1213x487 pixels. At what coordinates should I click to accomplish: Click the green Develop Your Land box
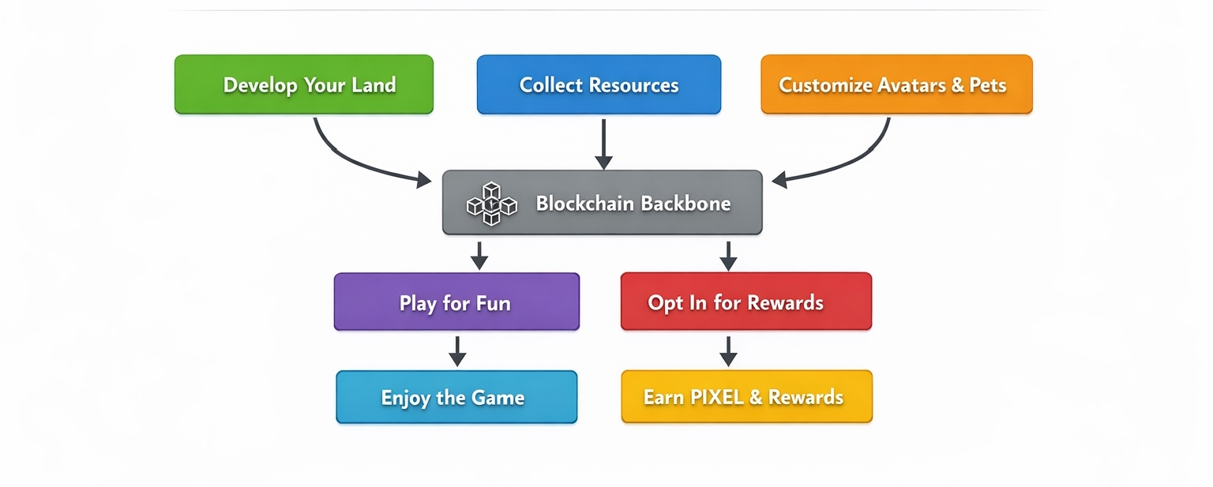click(303, 84)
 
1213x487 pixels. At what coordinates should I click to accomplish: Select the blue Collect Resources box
click(599, 84)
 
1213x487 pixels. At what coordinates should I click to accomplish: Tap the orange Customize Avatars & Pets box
click(896, 84)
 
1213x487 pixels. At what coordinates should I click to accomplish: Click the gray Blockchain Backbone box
click(602, 203)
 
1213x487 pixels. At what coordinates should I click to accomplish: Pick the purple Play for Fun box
click(456, 302)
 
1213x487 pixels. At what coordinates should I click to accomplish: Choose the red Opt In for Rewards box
click(745, 302)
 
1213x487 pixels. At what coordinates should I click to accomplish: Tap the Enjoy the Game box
click(456, 397)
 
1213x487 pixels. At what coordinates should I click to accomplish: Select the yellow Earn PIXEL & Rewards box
click(746, 397)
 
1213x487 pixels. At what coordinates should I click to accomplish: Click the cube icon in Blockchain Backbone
click(491, 204)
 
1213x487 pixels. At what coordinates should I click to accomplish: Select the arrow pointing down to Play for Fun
click(479, 254)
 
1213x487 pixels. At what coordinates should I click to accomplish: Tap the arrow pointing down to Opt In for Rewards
click(729, 254)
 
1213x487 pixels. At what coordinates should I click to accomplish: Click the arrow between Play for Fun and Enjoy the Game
click(457, 350)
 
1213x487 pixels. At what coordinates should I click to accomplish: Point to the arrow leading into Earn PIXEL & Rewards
click(728, 350)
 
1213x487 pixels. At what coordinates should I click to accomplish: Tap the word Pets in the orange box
click(987, 85)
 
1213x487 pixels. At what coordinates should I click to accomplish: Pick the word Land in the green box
click(373, 85)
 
